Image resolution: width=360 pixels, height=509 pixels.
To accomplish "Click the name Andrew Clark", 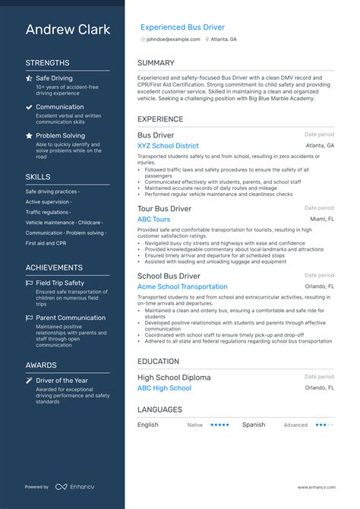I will [x=68, y=30].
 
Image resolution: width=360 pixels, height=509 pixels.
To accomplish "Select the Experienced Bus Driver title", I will [x=182, y=27].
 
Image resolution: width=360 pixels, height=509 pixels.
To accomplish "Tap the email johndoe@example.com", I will [x=173, y=39].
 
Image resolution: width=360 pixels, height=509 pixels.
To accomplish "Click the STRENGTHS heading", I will [x=47, y=63].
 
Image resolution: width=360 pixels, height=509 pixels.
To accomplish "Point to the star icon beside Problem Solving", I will [x=29, y=135].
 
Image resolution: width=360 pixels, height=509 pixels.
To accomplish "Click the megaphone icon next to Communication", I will [x=29, y=107].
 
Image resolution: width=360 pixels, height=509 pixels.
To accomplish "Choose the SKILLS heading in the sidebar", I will [x=38, y=176].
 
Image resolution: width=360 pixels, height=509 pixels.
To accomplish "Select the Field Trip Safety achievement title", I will [x=60, y=283].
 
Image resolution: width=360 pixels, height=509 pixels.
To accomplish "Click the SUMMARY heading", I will [x=156, y=63].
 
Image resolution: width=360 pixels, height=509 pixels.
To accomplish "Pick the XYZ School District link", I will [x=168, y=145].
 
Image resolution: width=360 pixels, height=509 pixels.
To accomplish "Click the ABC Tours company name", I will [x=153, y=219].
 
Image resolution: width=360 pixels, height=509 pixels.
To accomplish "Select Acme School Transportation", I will [x=182, y=286].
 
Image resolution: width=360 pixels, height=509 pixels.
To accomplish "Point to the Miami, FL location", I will [x=321, y=219].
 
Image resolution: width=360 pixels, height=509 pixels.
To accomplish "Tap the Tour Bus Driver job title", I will [x=164, y=208].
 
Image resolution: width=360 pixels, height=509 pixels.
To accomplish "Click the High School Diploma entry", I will [x=175, y=377].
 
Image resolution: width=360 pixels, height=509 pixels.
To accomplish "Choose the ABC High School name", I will [x=164, y=388].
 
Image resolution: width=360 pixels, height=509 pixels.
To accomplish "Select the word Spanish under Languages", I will [x=254, y=425].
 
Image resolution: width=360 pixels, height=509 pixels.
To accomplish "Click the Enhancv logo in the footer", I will [x=74, y=487].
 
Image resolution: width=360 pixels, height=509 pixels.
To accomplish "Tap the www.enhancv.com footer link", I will [x=315, y=487].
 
